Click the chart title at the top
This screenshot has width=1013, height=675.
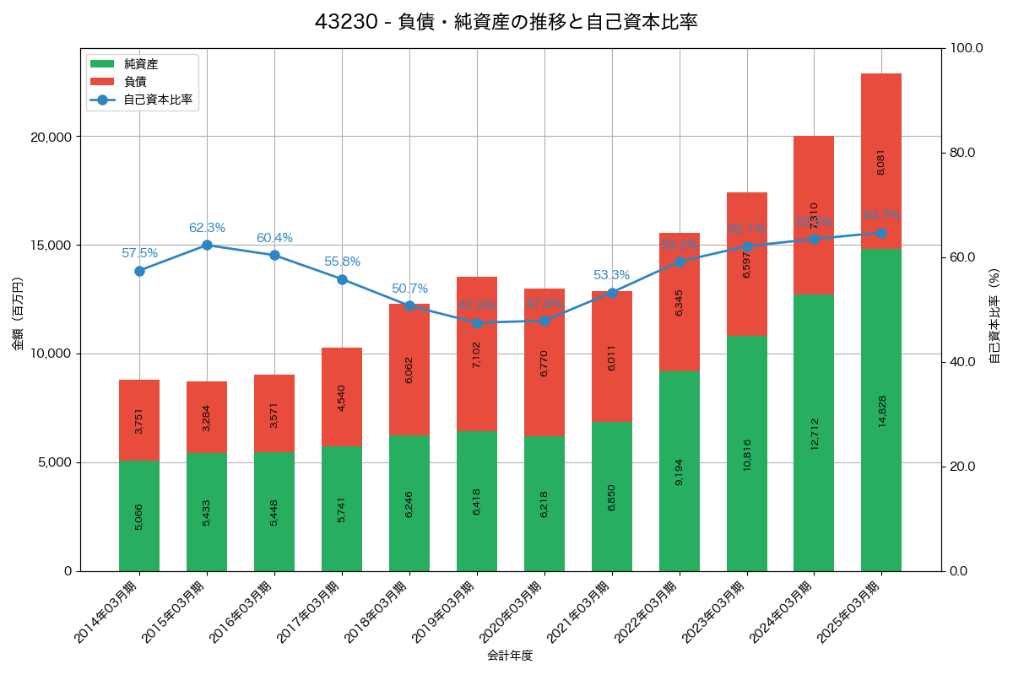506,22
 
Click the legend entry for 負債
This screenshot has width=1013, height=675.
135,82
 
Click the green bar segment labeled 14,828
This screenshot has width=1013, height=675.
881,410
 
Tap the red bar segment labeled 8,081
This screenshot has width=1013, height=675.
881,161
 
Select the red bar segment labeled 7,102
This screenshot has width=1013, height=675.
477,354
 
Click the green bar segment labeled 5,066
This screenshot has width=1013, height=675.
139,516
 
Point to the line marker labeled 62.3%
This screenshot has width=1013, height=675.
207,245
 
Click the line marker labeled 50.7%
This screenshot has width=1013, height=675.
409,305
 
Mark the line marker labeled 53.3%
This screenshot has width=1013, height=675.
612,292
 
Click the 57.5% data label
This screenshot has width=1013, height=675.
139,253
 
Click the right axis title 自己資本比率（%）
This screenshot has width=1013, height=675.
994,316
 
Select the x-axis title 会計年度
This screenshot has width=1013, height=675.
510,656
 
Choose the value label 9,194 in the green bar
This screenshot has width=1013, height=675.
680,472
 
